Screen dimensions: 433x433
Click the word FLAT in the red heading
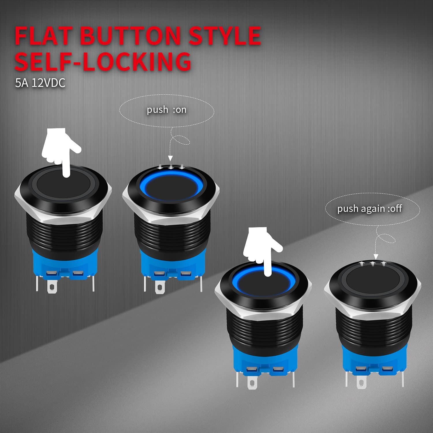click(43, 36)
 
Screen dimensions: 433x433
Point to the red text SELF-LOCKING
click(102, 61)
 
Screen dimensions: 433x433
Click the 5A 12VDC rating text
click(40, 83)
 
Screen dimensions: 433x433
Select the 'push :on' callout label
click(167, 110)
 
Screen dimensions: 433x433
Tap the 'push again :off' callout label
click(369, 208)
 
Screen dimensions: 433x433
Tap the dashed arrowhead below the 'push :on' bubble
click(170, 158)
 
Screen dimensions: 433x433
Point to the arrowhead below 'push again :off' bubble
click(376, 257)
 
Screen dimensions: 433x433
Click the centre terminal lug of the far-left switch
click(51, 286)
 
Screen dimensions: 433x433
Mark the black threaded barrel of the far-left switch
click(64, 231)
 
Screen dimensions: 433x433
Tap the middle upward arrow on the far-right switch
click(372, 264)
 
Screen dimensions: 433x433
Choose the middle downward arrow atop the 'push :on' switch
click(171, 167)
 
